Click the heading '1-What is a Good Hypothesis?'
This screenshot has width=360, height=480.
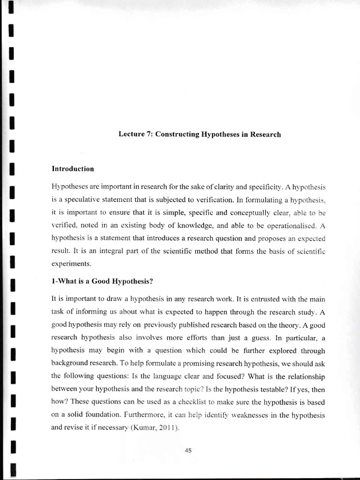[x=103, y=281]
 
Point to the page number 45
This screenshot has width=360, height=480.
[x=189, y=450]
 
